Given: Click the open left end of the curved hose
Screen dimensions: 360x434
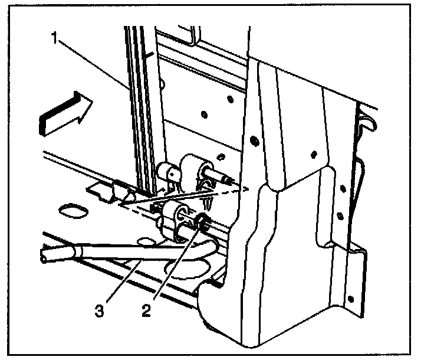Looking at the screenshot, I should tap(44, 257).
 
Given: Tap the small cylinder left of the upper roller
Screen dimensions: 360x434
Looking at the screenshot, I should tap(167, 173).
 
